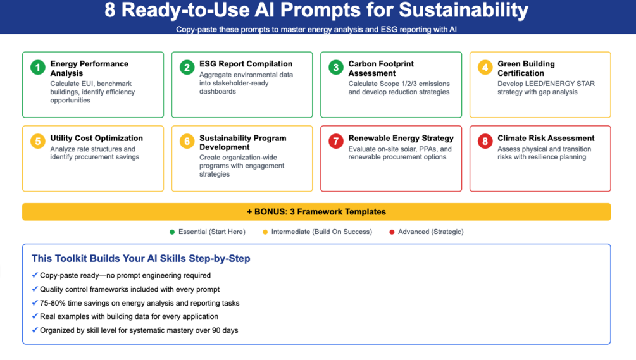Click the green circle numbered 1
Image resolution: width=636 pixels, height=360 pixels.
tap(38, 67)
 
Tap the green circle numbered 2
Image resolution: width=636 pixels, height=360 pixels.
tap(187, 67)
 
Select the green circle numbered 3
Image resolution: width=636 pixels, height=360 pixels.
tap(336, 67)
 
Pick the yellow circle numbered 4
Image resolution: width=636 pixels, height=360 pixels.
tap(485, 67)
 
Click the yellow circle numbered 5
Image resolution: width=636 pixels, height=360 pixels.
tap(38, 142)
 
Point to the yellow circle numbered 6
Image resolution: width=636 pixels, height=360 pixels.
tap(187, 142)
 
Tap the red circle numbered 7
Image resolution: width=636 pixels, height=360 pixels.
tap(336, 142)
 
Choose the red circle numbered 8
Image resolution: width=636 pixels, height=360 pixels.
tap(485, 142)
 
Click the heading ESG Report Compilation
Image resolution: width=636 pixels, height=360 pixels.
tap(246, 64)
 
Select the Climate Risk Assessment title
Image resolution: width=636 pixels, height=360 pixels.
tap(546, 139)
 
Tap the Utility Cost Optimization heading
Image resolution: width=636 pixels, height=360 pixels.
tap(97, 139)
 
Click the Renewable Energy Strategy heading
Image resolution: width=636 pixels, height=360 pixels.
tap(401, 139)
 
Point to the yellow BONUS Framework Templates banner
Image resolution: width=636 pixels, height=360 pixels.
tap(316, 211)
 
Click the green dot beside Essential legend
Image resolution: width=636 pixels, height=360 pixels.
tap(172, 232)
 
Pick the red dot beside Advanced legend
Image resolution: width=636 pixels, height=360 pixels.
tap(392, 232)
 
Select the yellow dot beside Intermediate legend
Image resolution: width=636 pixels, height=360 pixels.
tap(265, 232)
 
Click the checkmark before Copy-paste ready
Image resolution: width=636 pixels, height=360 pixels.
tap(35, 275)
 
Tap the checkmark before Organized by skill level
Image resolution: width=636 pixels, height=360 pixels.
tap(35, 330)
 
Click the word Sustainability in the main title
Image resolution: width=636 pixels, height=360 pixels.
tap(464, 10)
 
